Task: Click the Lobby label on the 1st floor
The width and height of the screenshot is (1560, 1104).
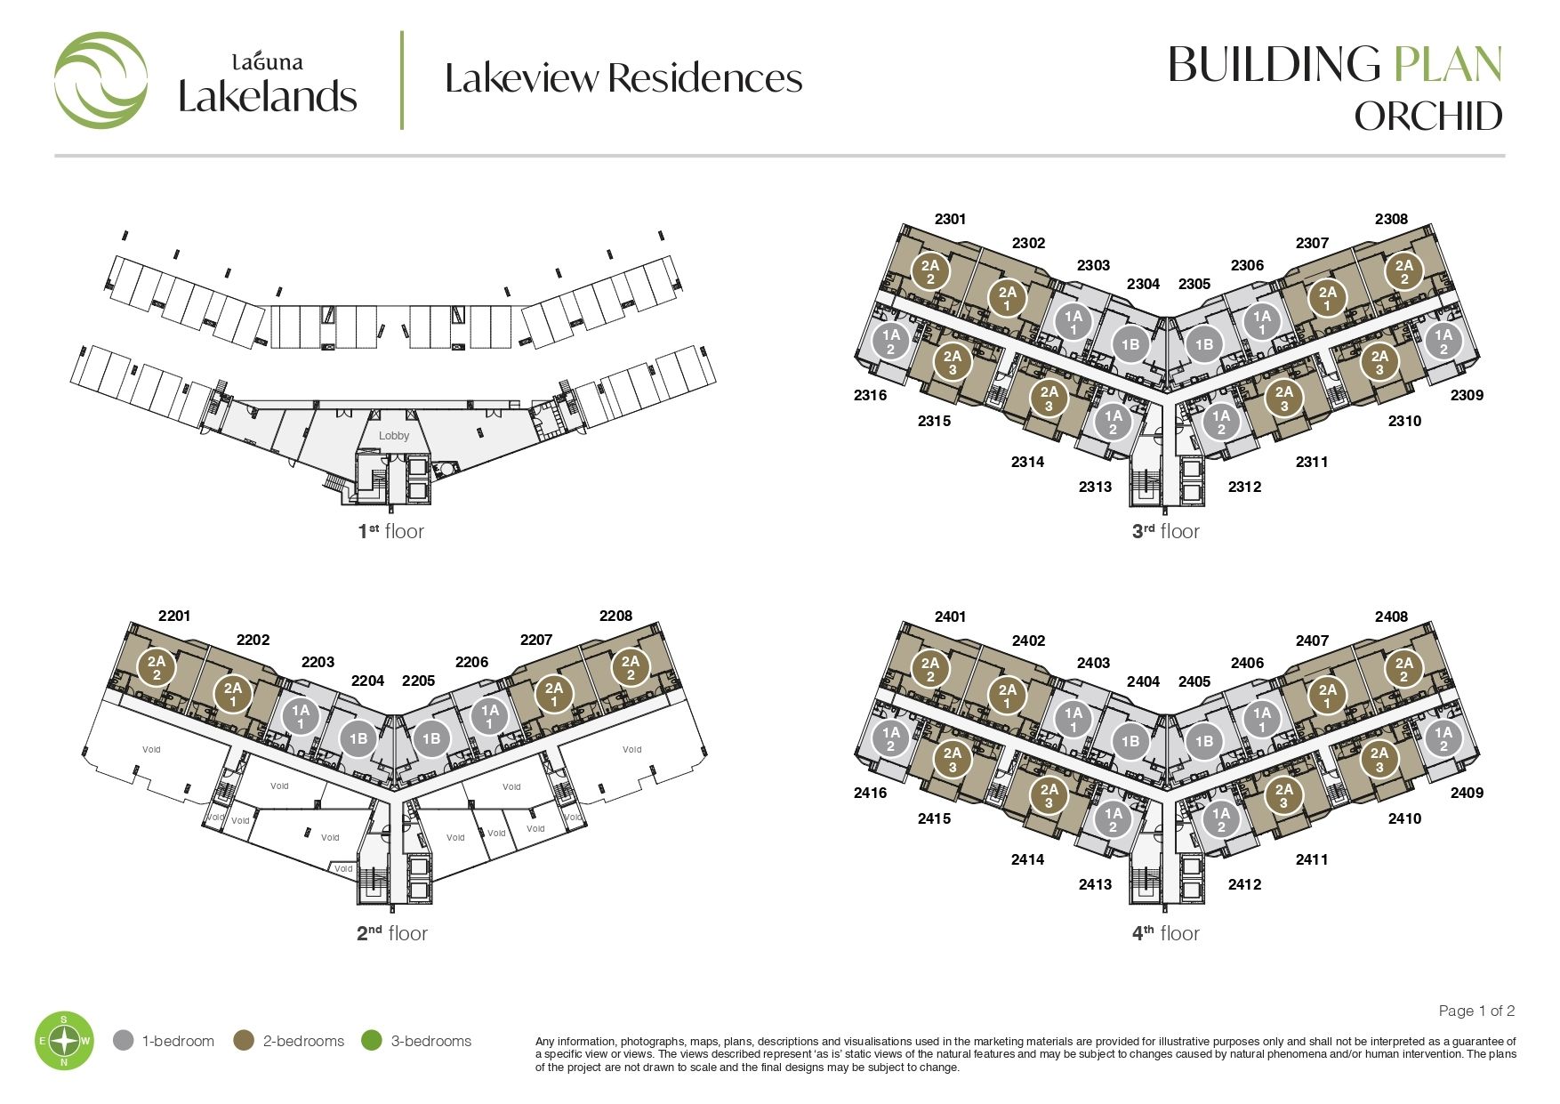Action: pyautogui.click(x=394, y=436)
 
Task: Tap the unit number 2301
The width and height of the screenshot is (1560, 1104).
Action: pyautogui.click(x=951, y=219)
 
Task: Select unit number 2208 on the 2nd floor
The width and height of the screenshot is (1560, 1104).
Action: pyautogui.click(x=615, y=616)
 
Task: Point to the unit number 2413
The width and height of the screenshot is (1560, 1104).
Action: pyautogui.click(x=1095, y=884)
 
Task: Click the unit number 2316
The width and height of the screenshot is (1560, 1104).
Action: pyautogui.click(x=870, y=395)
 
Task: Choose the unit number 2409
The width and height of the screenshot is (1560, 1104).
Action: pyautogui.click(x=1467, y=793)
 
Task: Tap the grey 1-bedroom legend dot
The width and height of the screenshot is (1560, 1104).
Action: pyautogui.click(x=124, y=1040)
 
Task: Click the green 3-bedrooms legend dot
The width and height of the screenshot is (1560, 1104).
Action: pyautogui.click(x=372, y=1040)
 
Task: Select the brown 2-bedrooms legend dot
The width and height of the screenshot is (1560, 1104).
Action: pyautogui.click(x=244, y=1040)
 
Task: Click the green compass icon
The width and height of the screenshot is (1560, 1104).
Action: pyautogui.click(x=64, y=1040)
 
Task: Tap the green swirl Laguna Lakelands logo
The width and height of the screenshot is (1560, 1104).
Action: pyautogui.click(x=101, y=80)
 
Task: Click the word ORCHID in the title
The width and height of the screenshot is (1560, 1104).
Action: pyautogui.click(x=1428, y=117)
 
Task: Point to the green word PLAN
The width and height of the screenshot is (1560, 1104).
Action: pyautogui.click(x=1448, y=64)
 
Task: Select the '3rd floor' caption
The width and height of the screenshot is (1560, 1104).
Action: pyautogui.click(x=1165, y=531)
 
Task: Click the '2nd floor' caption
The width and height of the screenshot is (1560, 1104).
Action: pyautogui.click(x=392, y=933)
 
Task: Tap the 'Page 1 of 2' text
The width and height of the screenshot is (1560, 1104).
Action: pyautogui.click(x=1476, y=1011)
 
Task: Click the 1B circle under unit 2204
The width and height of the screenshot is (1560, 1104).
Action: pyautogui.click(x=358, y=738)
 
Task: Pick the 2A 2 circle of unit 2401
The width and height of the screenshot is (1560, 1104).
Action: pyautogui.click(x=930, y=669)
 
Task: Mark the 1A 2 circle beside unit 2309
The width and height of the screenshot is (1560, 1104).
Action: pyautogui.click(x=1443, y=342)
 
